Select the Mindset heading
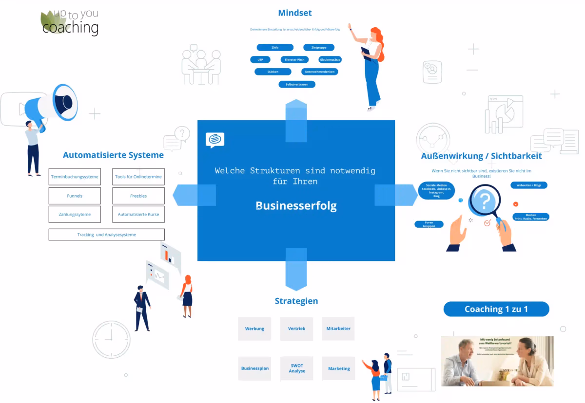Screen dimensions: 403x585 click(x=295, y=13)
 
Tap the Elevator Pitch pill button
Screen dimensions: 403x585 click(x=294, y=59)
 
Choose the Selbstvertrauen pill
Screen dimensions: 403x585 click(x=297, y=84)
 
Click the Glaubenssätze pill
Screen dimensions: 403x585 click(x=330, y=59)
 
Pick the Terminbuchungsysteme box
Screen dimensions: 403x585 click(x=75, y=177)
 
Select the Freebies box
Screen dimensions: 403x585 click(x=138, y=196)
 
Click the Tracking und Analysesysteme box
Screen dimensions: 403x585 click(x=106, y=235)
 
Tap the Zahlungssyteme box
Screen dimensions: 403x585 click(x=75, y=214)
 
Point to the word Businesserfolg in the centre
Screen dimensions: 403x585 click(x=296, y=206)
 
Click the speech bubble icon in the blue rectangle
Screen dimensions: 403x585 click(x=215, y=140)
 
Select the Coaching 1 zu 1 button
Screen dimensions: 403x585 click(x=496, y=309)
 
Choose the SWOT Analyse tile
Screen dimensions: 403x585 click(x=296, y=368)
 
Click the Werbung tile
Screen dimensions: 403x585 click(x=254, y=329)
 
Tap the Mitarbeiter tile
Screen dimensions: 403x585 click(x=338, y=329)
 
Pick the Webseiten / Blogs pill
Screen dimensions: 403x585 click(x=529, y=185)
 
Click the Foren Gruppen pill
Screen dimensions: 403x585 click(x=429, y=224)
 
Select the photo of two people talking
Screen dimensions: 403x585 click(x=497, y=361)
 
